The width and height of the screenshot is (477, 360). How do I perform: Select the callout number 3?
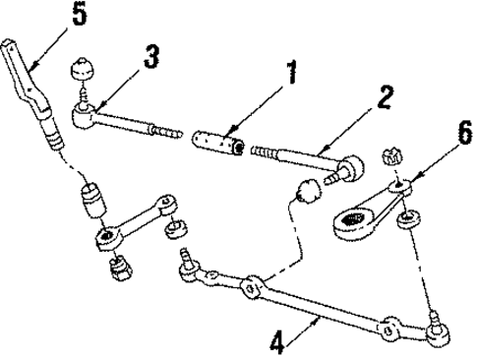150,55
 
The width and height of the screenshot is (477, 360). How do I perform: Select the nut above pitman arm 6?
388,156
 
